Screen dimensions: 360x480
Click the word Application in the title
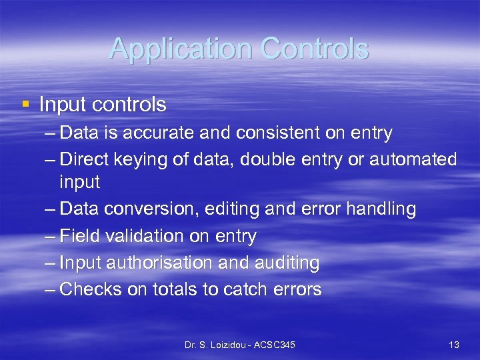coord(180,49)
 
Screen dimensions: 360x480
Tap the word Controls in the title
coord(315,49)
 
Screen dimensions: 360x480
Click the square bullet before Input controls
coord(25,104)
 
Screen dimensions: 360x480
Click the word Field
coord(78,236)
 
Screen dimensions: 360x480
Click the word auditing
coord(287,263)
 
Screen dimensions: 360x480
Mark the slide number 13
coord(454,345)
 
